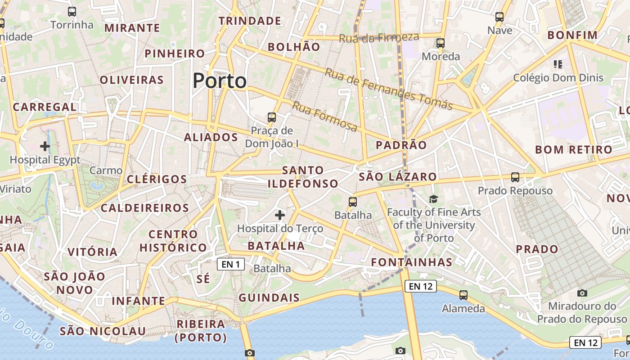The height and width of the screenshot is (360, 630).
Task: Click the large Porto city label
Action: pyautogui.click(x=220, y=81)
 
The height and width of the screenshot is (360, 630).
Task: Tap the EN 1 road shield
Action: pyautogui.click(x=231, y=264)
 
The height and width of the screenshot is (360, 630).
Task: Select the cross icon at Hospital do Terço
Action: pyautogui.click(x=280, y=215)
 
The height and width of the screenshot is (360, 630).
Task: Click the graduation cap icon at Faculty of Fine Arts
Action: pyautogui.click(x=433, y=199)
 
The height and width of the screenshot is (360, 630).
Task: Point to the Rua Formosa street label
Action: pyautogui.click(x=325, y=117)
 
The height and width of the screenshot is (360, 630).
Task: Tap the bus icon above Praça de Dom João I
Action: pyautogui.click(x=272, y=117)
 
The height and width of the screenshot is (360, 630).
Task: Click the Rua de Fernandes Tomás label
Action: pyautogui.click(x=388, y=89)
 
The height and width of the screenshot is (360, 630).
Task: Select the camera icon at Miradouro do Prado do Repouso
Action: pyautogui.click(x=582, y=293)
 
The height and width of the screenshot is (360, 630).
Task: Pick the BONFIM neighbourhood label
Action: pyautogui.click(x=572, y=35)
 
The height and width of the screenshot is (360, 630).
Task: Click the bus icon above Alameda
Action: pyautogui.click(x=463, y=295)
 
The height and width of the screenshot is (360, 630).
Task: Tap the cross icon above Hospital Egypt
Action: pyautogui.click(x=45, y=146)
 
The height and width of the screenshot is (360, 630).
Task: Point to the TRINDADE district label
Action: pyautogui.click(x=250, y=21)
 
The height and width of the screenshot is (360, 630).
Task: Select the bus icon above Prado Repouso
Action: pyautogui.click(x=515, y=177)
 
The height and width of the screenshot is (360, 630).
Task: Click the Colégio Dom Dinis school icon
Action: pyautogui.click(x=558, y=64)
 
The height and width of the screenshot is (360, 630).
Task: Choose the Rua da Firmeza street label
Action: pyautogui.click(x=379, y=38)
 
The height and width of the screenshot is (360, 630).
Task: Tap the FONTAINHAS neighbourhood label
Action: pyautogui.click(x=412, y=262)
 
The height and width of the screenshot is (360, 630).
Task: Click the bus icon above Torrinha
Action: pyautogui.click(x=72, y=12)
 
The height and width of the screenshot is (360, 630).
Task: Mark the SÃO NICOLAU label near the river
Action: pyautogui.click(x=103, y=332)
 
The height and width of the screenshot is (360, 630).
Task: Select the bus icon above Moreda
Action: pyautogui.click(x=441, y=43)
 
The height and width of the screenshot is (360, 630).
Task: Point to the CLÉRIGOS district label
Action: pyautogui.click(x=157, y=179)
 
